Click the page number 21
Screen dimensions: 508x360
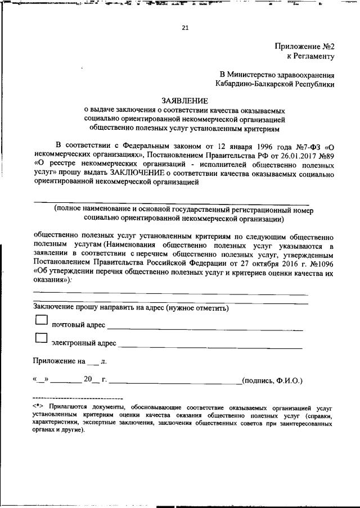pyautogui.click(x=185, y=29)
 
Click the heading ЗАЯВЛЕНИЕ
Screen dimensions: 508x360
pyautogui.click(x=185, y=101)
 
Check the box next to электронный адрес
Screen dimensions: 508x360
pyautogui.click(x=41, y=338)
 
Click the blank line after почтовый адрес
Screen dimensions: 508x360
pyautogui.click(x=205, y=326)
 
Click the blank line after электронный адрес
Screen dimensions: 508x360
pyautogui.click(x=210, y=344)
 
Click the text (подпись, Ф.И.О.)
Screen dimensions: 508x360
pyautogui.click(x=272, y=380)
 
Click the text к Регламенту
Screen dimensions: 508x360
pyautogui.click(x=311, y=56)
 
